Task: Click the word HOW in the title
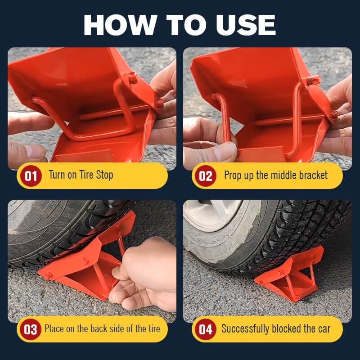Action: (121, 25)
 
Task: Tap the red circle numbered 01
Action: (31, 176)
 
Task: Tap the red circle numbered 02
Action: (206, 176)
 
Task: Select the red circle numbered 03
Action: (31, 329)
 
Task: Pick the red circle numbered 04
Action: (206, 329)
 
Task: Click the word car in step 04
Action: (324, 329)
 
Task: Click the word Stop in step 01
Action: (104, 175)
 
